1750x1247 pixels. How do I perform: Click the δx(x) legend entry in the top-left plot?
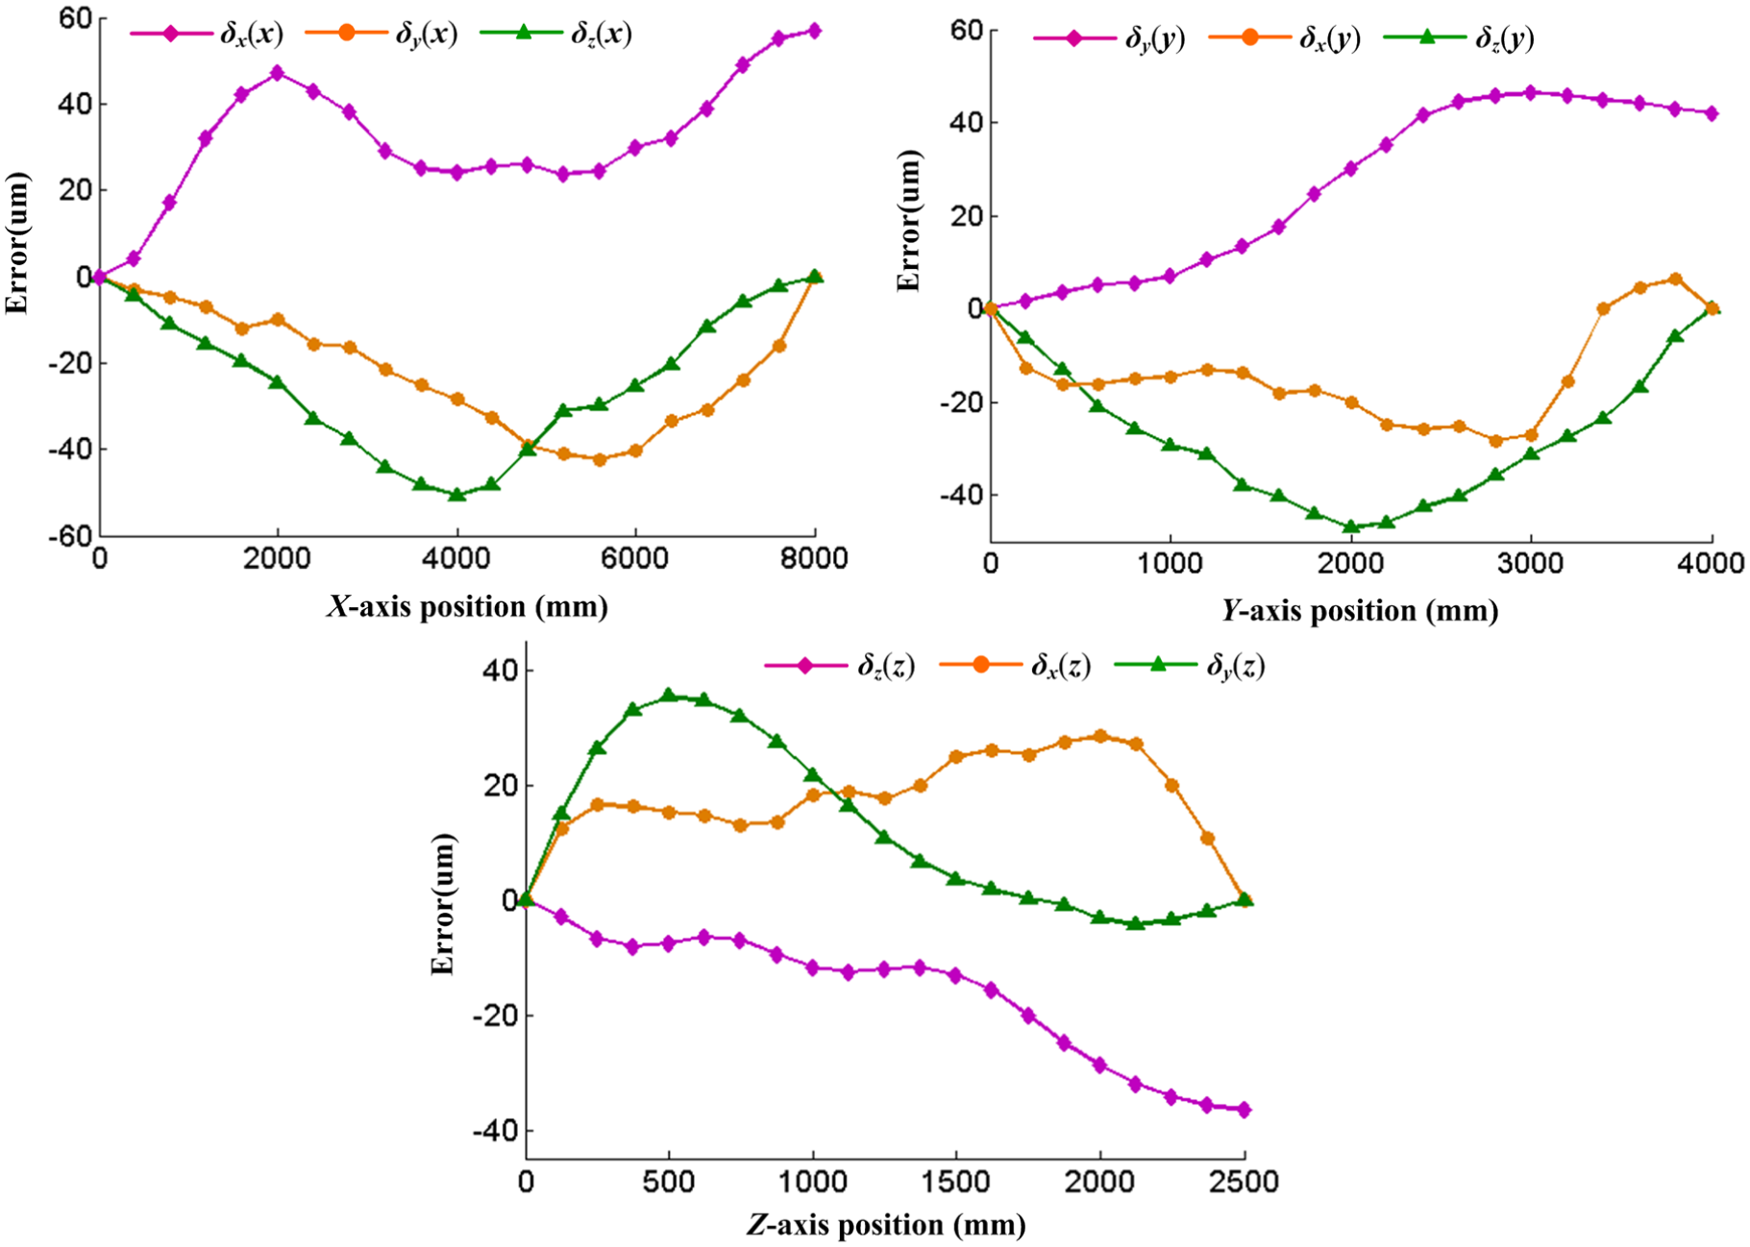[207, 35]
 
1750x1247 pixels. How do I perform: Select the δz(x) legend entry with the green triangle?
[556, 35]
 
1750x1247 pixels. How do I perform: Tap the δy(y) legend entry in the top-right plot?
[1109, 38]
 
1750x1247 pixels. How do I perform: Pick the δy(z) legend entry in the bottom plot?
[1189, 665]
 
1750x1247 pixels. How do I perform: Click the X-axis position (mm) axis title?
[467, 606]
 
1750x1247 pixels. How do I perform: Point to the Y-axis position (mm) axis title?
[1360, 610]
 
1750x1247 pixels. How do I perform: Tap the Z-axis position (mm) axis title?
[886, 1225]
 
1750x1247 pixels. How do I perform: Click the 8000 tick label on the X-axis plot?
[814, 558]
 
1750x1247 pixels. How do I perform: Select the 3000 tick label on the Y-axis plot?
[1531, 563]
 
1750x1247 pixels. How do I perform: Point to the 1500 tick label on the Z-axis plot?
[956, 1180]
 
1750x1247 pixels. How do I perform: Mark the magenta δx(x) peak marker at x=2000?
[278, 73]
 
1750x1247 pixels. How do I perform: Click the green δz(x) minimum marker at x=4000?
[456, 495]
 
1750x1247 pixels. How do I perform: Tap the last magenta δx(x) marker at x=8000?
[815, 31]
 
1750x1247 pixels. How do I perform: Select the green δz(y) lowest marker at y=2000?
[1351, 526]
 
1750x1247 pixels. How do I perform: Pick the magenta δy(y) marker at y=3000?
[1531, 92]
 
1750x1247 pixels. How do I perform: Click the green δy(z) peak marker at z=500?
[669, 695]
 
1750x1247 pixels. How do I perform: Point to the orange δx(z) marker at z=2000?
[1100, 736]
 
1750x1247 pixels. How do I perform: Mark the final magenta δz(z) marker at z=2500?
[1245, 1110]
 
